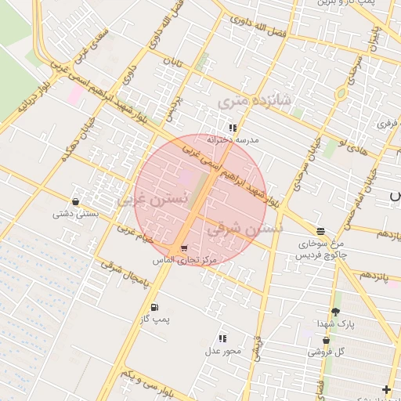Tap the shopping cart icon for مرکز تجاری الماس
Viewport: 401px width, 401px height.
coord(184,247)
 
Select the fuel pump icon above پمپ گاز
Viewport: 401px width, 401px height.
coord(154,307)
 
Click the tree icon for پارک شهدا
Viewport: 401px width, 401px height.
coord(336,312)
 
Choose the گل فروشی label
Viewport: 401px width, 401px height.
coord(325,352)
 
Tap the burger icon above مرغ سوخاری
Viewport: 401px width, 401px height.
coord(321,231)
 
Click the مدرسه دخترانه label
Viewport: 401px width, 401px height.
coord(233,139)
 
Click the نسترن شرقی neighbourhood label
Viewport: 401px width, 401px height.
coord(244,229)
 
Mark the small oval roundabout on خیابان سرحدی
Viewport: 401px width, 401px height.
coord(341,94)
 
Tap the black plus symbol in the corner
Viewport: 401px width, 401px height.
coord(387,389)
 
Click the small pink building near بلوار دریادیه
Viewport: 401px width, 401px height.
coord(77,95)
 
